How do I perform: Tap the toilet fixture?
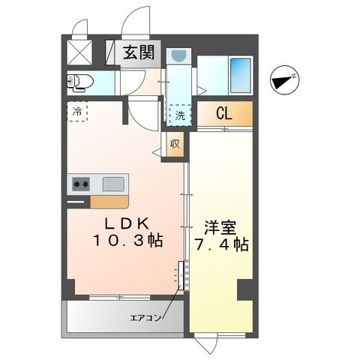80,80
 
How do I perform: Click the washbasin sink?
178,55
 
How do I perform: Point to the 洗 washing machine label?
180,116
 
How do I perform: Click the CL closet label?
223,115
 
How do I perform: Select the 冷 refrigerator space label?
78,111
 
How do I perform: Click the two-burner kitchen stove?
79,184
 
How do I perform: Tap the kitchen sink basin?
113,183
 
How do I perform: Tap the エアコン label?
145,317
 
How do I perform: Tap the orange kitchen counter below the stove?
109,202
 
